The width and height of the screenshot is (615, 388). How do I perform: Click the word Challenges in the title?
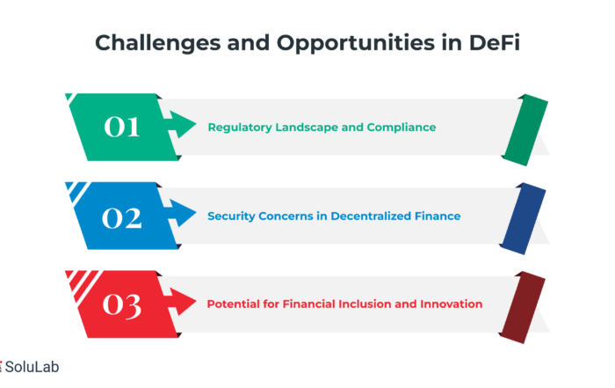coord(157,43)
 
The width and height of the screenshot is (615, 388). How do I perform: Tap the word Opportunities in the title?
coord(356,44)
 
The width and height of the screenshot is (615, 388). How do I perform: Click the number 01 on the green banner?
coord(121,127)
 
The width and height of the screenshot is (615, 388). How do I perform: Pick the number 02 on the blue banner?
coord(121,218)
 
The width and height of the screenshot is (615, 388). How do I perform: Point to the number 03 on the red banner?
coord(121,305)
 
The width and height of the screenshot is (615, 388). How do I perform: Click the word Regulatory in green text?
coord(240,128)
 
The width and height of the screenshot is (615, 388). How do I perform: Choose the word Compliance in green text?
coord(402,128)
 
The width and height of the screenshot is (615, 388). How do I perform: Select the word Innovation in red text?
coord(451,304)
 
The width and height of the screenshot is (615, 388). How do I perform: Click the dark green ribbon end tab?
coord(525,130)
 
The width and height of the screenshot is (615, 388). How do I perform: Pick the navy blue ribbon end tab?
coord(523,219)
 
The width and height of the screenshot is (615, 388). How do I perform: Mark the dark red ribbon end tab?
coord(522,307)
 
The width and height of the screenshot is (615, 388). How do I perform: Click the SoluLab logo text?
coord(32,367)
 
